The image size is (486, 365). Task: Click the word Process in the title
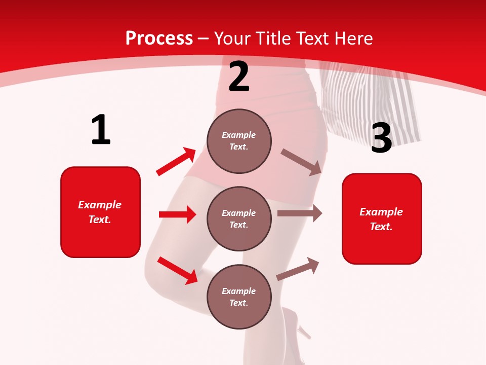[159, 39]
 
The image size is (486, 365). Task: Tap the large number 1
[101, 130]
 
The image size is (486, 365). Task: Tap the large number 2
[239, 77]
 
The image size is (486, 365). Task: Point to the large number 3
[381, 138]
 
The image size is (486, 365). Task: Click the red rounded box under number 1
[100, 212]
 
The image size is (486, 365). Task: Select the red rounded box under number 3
[382, 218]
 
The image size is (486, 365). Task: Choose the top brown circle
[239, 141]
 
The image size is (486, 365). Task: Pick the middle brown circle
[239, 218]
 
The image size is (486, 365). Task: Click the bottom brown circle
[239, 297]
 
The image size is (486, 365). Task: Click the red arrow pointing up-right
[176, 161]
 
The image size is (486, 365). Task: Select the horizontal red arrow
[177, 214]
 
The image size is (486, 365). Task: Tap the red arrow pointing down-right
[178, 270]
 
